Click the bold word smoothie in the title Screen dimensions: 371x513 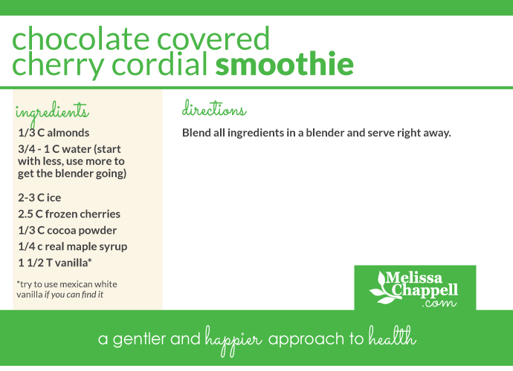click(284, 65)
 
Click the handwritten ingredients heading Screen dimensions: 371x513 click(52, 113)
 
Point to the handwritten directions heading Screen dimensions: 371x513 click(214, 111)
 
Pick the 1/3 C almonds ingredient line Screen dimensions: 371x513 click(54, 133)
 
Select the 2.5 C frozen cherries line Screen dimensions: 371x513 click(69, 214)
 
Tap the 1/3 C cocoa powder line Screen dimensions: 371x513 click(68, 230)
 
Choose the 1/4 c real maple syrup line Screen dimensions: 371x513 click(73, 246)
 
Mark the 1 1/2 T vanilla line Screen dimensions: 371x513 click(55, 262)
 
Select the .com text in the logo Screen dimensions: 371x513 click(437, 303)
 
